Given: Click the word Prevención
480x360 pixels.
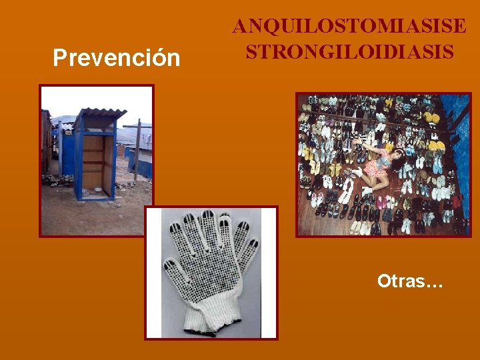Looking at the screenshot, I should coord(117,58).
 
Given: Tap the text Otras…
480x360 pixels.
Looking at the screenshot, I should coord(410,281).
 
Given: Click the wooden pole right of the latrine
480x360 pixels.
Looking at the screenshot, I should coord(137,150).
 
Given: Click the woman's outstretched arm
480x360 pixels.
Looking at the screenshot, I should coord(363,144).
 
